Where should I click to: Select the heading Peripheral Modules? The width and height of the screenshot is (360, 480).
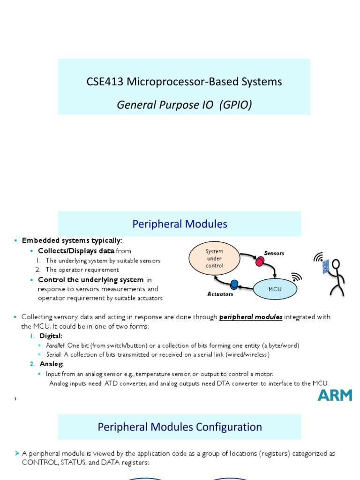[x=180, y=224]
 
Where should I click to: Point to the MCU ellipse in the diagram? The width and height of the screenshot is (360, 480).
[x=275, y=289]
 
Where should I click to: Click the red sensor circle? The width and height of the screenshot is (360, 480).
[x=259, y=261]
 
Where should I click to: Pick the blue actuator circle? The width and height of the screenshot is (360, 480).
[x=234, y=284]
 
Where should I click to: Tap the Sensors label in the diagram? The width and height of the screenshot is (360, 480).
[x=274, y=253]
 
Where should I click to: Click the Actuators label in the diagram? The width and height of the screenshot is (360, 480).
[x=220, y=294]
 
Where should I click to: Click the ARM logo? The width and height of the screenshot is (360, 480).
[x=335, y=395]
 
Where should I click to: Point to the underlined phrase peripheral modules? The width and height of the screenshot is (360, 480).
[x=251, y=317]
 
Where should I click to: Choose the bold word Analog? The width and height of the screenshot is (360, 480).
[x=52, y=364]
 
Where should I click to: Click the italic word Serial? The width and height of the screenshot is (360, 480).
[x=53, y=354]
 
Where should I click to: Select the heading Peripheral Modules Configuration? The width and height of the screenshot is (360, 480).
[x=180, y=427]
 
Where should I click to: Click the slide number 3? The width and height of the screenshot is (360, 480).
[x=15, y=398]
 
